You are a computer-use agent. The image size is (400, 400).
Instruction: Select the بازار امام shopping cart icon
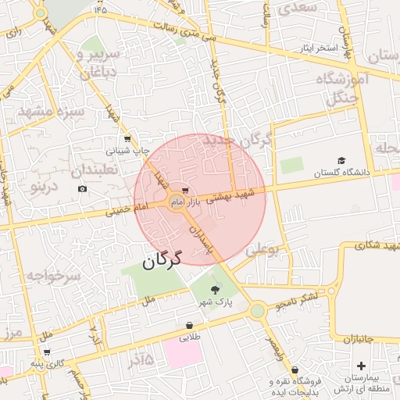[184, 190]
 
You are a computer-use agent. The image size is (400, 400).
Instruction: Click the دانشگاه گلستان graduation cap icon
[341, 160]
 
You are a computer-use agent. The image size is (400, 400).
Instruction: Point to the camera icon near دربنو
[83, 188]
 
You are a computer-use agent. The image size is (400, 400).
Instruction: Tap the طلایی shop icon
[190, 326]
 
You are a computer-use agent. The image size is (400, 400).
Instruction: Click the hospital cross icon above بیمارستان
[361, 366]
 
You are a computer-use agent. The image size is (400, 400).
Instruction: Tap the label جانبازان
[366, 339]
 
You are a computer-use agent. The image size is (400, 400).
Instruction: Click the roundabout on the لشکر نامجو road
[257, 310]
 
